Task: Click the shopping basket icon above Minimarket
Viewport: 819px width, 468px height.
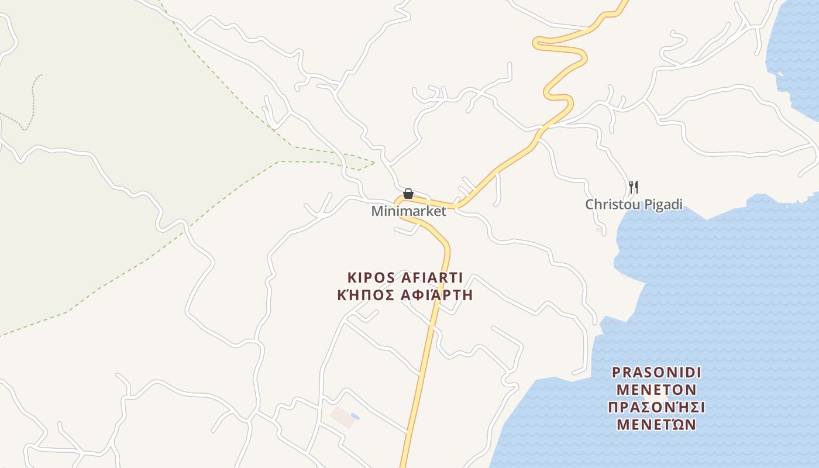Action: (x=408, y=194)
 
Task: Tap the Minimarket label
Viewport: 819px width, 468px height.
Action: (x=408, y=211)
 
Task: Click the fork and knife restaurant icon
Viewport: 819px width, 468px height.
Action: (x=633, y=187)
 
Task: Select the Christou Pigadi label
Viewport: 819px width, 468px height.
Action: (x=634, y=205)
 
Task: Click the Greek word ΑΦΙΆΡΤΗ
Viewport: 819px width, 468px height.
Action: (x=436, y=295)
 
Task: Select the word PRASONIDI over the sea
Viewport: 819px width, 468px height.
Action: (x=656, y=373)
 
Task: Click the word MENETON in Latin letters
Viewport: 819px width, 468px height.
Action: (x=656, y=390)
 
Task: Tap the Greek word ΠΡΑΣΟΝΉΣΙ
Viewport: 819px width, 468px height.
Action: (x=656, y=407)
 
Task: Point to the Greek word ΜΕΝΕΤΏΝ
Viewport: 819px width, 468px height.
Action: (x=656, y=424)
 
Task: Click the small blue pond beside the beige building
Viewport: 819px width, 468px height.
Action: (x=355, y=417)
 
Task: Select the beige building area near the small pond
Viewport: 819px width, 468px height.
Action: (x=342, y=417)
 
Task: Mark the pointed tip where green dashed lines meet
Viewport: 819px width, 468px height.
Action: (x=374, y=162)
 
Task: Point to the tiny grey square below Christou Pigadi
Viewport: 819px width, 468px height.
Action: (x=598, y=230)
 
